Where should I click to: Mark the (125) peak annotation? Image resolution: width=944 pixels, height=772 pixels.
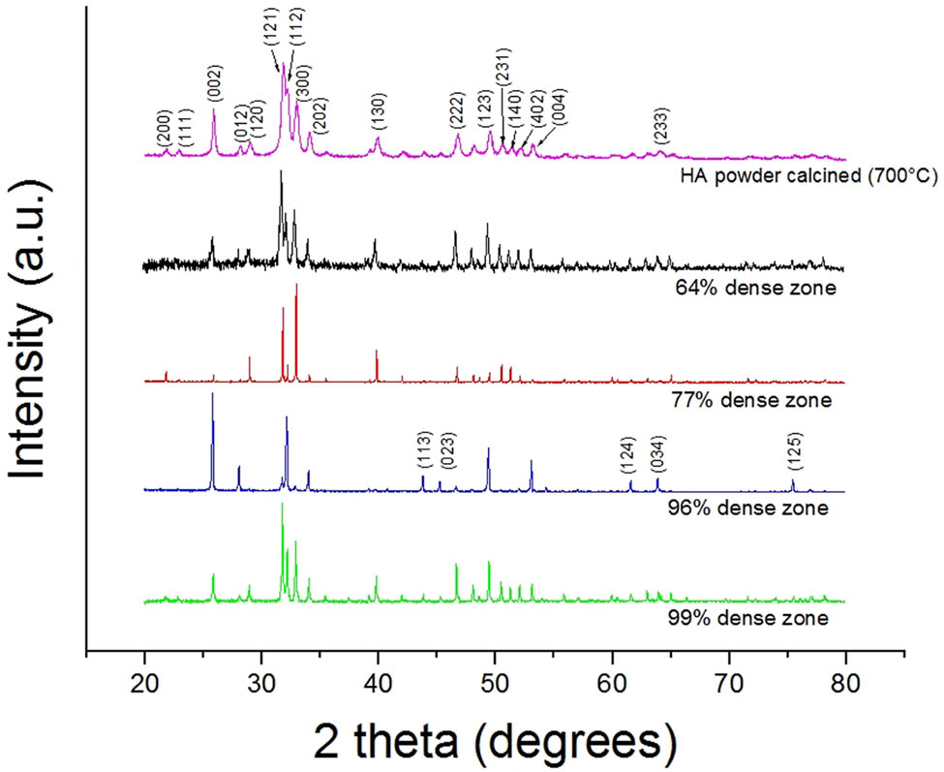[793, 451]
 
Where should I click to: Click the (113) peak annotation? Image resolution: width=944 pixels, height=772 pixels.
[423, 451]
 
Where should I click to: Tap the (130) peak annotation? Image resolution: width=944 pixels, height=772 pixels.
[378, 113]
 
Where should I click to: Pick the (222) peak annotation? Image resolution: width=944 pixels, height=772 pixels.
[457, 112]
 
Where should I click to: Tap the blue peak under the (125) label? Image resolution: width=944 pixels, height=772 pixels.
[793, 481]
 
